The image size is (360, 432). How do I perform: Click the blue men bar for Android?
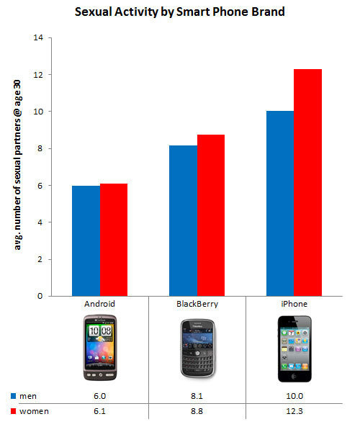[86, 240]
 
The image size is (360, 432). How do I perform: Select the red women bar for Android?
[113, 240]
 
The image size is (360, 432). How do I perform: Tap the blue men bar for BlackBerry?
[183, 220]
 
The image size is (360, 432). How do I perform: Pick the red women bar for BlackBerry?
[210, 215]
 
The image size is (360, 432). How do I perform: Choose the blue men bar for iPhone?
[280, 203]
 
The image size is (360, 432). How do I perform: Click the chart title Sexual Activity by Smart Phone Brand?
[179, 12]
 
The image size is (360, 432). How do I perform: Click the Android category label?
[99, 305]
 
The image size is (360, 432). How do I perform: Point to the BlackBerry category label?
[197, 305]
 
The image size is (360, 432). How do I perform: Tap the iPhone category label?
[294, 305]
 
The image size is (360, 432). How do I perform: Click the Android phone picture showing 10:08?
[99, 350]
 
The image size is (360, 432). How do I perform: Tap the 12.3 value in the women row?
[294, 411]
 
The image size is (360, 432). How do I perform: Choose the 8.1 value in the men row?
[197, 396]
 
